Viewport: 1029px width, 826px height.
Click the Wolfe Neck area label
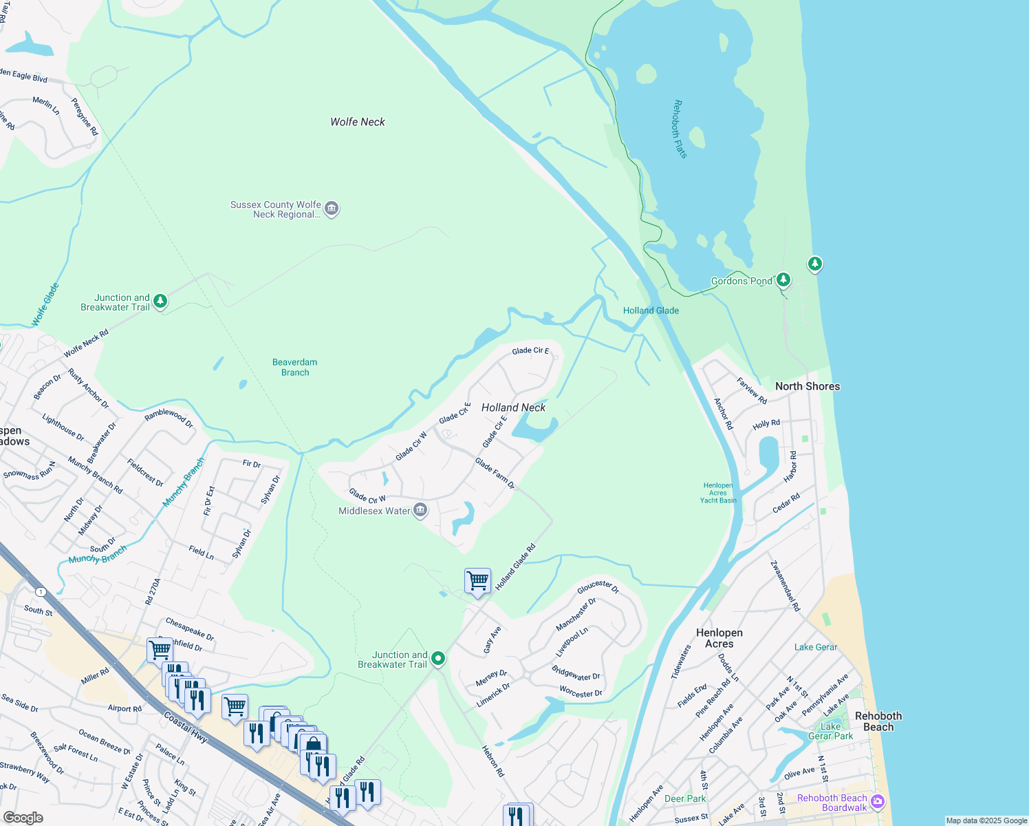(x=358, y=122)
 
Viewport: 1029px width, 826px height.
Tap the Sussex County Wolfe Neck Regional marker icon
(x=332, y=209)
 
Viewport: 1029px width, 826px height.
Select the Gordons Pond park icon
(x=783, y=280)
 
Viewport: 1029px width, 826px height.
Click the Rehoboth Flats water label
(x=679, y=129)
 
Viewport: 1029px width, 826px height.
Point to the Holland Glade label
(x=651, y=310)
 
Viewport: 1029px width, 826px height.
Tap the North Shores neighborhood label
(x=807, y=386)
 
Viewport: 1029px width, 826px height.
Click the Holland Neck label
(x=513, y=407)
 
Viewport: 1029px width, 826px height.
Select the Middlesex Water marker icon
(x=420, y=510)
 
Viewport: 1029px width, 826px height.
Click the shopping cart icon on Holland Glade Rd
(x=477, y=580)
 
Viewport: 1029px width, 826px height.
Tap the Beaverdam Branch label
(x=294, y=367)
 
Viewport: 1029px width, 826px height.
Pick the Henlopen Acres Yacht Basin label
(x=718, y=493)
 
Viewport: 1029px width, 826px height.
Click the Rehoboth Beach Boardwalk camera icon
(x=877, y=801)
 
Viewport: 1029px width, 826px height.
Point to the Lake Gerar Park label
(x=830, y=731)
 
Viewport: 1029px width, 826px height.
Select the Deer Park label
(x=685, y=798)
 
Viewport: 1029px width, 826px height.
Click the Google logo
(x=23, y=818)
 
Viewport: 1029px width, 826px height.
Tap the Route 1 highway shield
(x=41, y=592)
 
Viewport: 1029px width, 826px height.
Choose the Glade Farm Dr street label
(x=495, y=474)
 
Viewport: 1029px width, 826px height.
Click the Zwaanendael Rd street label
(x=785, y=586)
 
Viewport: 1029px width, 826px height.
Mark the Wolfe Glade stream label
(x=45, y=304)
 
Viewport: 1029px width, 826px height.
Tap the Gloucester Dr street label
(x=598, y=586)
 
